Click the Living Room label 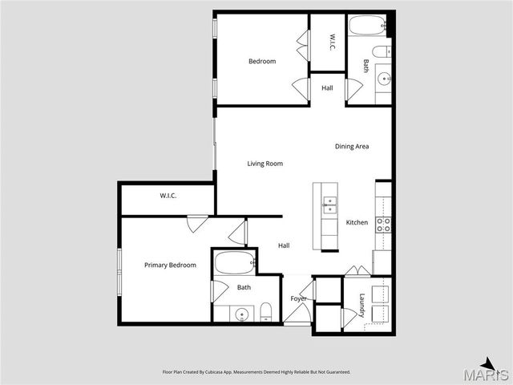[x=265, y=164]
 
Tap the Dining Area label [x=352, y=146]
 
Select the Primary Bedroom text [x=170, y=265]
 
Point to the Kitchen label [x=357, y=222]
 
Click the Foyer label [x=298, y=298]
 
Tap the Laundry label [x=362, y=306]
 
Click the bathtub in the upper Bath [x=367, y=25]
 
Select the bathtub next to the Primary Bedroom [x=235, y=262]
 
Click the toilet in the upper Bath [x=382, y=51]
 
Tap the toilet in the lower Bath [x=266, y=312]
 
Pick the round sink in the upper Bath [x=383, y=79]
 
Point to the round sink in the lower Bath [x=242, y=315]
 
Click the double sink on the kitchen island [x=329, y=205]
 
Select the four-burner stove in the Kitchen [x=383, y=225]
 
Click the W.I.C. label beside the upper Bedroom [x=331, y=42]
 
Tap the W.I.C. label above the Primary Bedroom [x=168, y=196]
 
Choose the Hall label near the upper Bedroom [x=327, y=87]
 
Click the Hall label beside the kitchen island [x=284, y=245]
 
